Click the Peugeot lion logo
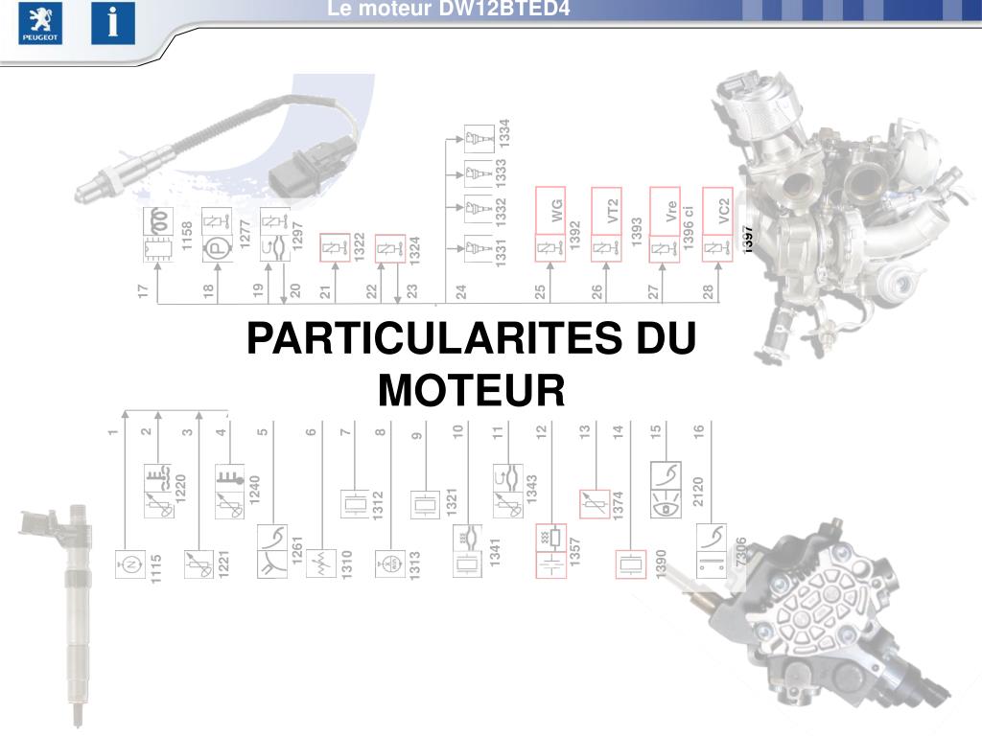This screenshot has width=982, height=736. pyautogui.click(x=40, y=23)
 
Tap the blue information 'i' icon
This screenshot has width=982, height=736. pyautogui.click(x=113, y=23)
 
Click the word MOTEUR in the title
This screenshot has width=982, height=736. pyautogui.click(x=471, y=389)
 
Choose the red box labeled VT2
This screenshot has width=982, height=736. pyautogui.click(x=606, y=210)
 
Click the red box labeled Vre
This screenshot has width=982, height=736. pyautogui.click(x=665, y=210)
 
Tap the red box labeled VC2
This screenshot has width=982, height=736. pyautogui.click(x=718, y=210)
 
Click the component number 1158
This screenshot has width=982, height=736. pyautogui.click(x=187, y=236)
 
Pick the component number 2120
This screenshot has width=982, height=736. pyautogui.click(x=697, y=491)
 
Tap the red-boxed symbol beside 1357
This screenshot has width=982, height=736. pyautogui.click(x=549, y=552)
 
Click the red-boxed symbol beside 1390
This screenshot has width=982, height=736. pyautogui.click(x=630, y=564)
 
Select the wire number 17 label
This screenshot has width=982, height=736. pyautogui.click(x=143, y=290)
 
